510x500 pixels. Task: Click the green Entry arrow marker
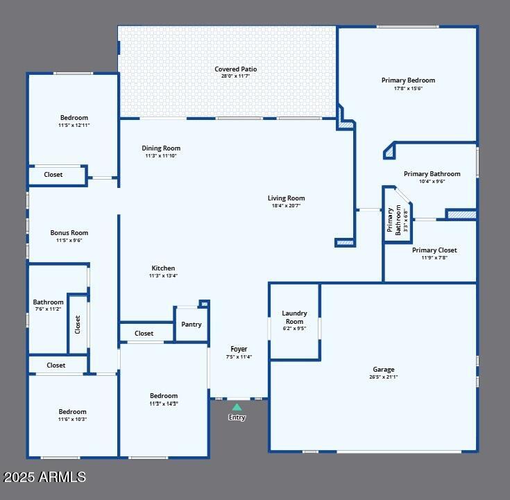237,407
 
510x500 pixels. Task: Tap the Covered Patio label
236,69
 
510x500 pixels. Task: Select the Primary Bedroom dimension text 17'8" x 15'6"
408,88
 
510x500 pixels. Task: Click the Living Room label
286,198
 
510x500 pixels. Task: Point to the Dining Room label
161,148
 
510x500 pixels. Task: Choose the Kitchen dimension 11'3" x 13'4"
163,276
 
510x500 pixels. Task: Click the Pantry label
192,324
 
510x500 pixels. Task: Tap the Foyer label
239,349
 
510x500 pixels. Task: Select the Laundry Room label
294,318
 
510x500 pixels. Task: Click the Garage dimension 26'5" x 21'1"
384,377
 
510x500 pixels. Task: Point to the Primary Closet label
434,250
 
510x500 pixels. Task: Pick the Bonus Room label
69,233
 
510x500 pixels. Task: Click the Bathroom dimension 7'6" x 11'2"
48,309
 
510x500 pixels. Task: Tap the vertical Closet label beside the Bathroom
78,325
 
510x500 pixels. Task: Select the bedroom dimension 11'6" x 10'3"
73,419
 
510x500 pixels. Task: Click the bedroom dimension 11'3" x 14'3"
164,404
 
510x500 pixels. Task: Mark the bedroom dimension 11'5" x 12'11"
74,125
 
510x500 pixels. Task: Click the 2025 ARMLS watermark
44,477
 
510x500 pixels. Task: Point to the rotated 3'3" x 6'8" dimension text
406,220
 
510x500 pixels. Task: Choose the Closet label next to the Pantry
144,334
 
